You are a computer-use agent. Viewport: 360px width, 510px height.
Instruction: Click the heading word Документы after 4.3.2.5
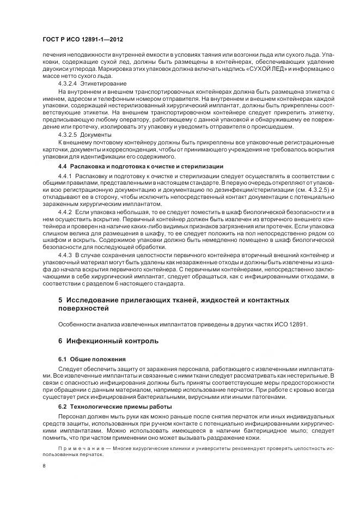(x=96, y=134)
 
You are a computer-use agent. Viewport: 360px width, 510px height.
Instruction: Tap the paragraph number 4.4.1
(x=65, y=177)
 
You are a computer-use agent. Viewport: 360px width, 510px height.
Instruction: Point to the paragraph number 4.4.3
(x=65, y=256)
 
